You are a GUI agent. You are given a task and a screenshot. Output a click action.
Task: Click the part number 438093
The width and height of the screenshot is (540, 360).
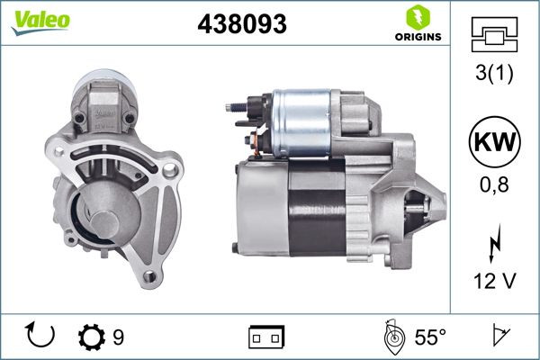click(241, 25)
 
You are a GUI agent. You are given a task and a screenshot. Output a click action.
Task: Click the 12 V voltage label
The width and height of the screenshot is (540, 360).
click(493, 282)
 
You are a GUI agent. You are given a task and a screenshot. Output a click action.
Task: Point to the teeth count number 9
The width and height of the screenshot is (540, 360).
click(119, 337)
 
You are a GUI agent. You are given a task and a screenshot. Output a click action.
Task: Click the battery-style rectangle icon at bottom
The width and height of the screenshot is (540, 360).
click(266, 338)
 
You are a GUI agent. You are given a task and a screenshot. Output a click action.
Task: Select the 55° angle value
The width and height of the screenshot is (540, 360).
click(429, 337)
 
